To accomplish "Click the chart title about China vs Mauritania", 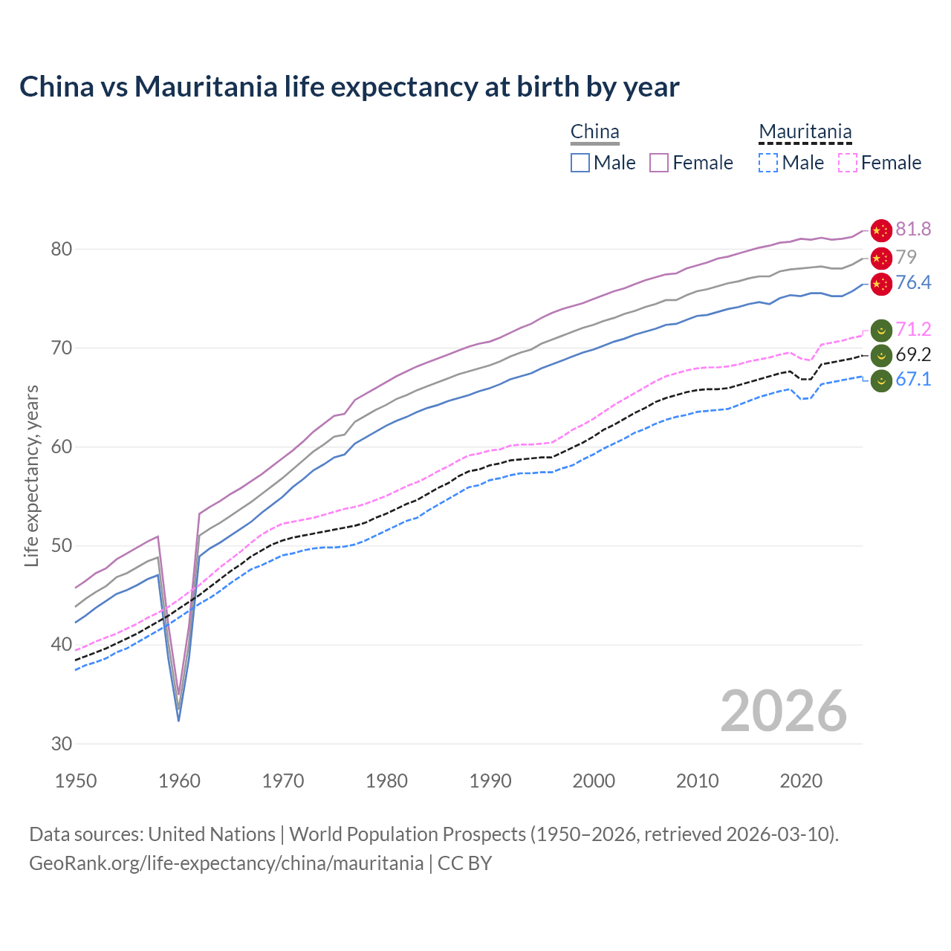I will [349, 87].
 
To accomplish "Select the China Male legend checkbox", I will [580, 163].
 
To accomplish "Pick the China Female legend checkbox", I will [659, 163].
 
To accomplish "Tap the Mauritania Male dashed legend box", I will [768, 163].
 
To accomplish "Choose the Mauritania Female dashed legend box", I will [847, 163].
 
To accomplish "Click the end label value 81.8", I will [913, 230].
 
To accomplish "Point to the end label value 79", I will [906, 257].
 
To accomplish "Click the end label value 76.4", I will [913, 283].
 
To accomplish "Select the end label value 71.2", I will [913, 329].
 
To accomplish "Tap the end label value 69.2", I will [913, 354].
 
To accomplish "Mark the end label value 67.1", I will [913, 380].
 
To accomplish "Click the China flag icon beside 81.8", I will [880, 230].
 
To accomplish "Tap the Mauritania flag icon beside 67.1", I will [880, 380].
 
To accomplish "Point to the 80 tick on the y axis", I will [62, 249].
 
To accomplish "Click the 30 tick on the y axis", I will [62, 744].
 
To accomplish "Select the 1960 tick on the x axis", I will [180, 781].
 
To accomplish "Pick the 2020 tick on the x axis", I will [801, 781].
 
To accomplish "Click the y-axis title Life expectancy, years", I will [31, 475].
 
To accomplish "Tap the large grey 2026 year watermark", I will [783, 711].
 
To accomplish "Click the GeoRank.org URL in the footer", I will [226, 863].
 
